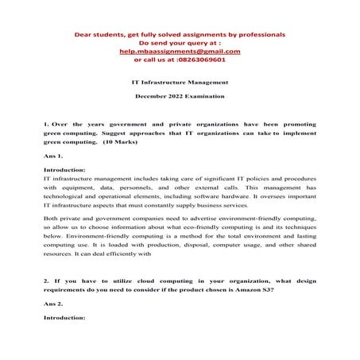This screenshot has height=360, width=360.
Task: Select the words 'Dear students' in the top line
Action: pos(99,35)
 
